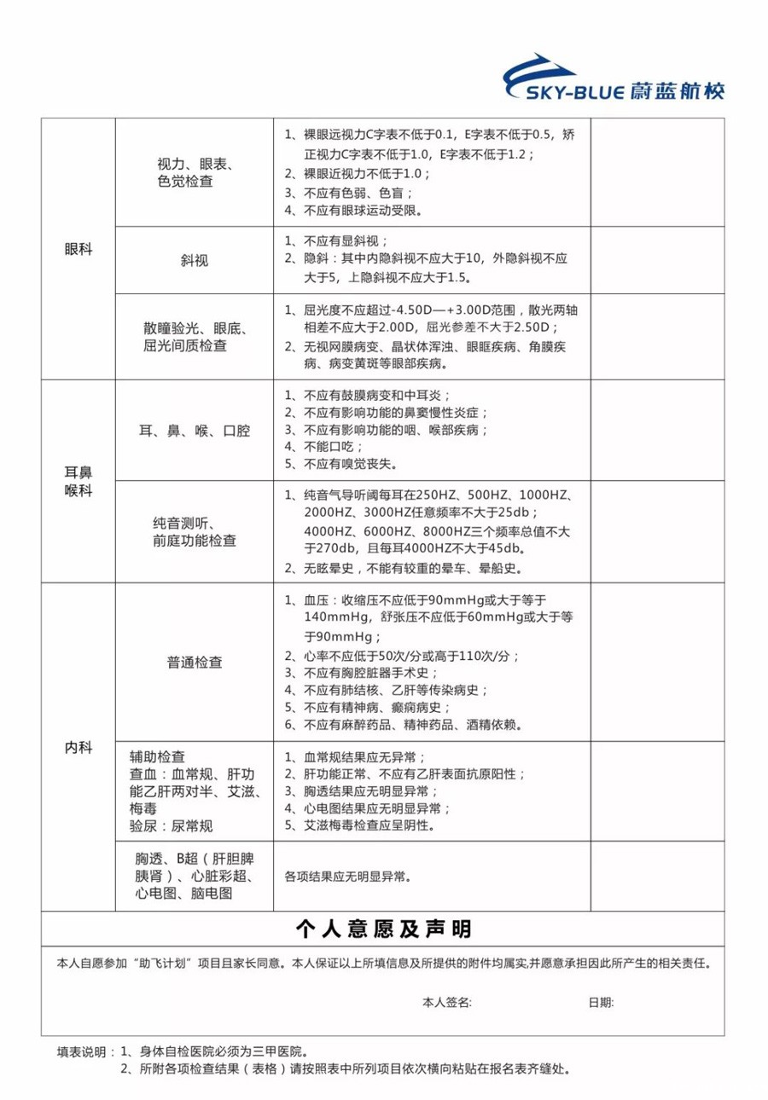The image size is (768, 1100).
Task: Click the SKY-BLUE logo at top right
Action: pos(614,79)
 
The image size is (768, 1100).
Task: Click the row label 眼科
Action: pos(78,250)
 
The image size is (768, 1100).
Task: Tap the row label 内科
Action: pos(78,747)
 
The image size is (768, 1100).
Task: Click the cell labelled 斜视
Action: pos(194,261)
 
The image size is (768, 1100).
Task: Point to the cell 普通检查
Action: pos(194,662)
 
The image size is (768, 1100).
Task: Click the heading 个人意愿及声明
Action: pos(383,928)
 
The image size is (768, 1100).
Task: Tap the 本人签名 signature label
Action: pos(446,1002)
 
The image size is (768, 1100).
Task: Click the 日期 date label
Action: pos(601,1002)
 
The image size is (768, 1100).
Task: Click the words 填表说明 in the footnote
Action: pos(82,1051)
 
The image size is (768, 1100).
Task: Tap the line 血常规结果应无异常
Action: pos(355,756)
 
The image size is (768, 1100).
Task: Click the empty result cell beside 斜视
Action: pos(657,261)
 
